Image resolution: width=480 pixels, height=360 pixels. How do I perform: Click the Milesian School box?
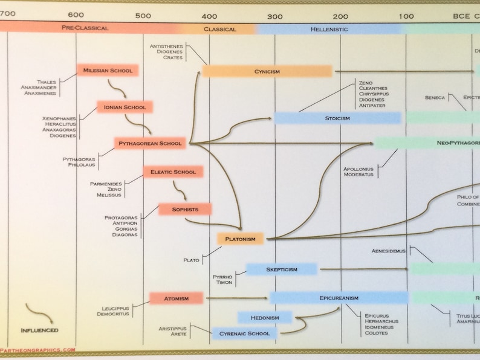point(108,71)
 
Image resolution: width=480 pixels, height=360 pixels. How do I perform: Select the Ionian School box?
point(125,108)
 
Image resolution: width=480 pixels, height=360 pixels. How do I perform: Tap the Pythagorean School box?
point(150,144)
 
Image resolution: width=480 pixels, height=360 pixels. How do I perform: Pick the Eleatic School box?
point(173,172)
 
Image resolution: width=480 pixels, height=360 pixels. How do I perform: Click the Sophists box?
point(186,210)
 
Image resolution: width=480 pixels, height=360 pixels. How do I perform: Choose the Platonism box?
point(240,239)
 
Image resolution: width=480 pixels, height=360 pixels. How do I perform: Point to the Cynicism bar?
point(267,72)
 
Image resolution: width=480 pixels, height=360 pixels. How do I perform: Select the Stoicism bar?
point(337,118)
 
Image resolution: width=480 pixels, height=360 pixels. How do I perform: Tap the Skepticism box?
point(281,269)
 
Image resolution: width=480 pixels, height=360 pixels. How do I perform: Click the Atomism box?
point(176,298)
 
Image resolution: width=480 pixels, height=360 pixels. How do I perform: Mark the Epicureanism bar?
point(339,298)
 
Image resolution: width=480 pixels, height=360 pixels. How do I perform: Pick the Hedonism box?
point(264,318)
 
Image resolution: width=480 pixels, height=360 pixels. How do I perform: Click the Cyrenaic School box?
point(244,333)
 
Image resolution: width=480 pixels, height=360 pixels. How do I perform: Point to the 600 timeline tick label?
point(76,15)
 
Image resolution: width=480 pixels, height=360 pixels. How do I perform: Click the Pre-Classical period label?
point(85,28)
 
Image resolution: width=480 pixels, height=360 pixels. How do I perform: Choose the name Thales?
point(46,82)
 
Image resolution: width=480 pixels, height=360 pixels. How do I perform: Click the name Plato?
point(191,260)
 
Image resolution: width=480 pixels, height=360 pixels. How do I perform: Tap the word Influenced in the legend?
point(39,330)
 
